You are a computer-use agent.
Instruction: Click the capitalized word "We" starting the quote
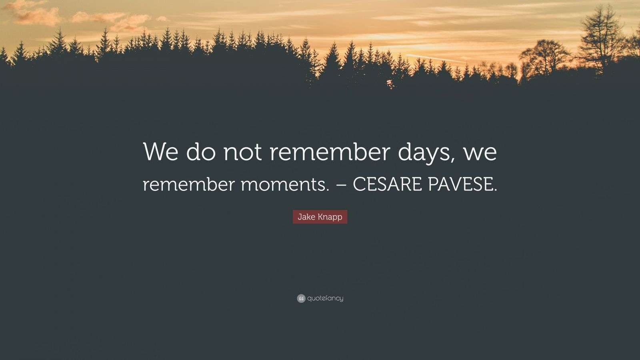(x=160, y=152)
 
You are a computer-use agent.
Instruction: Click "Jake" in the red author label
(x=306, y=217)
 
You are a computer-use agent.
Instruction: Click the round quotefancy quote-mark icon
(x=301, y=298)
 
